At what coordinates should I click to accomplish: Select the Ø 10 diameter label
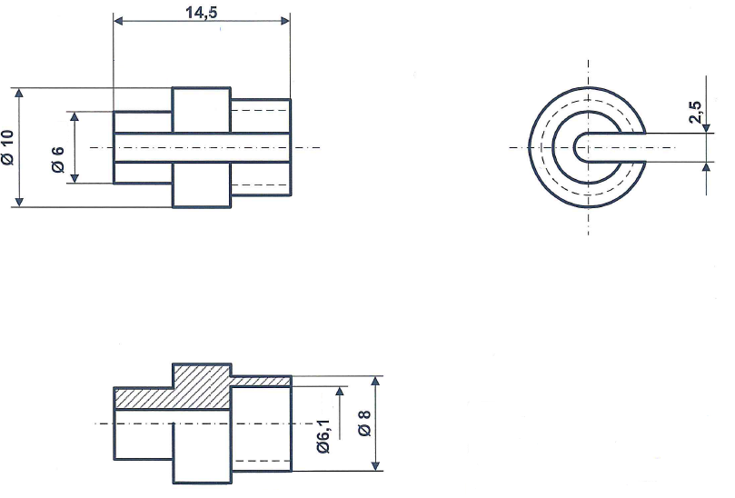click(8, 147)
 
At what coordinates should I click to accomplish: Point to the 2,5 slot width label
click(695, 113)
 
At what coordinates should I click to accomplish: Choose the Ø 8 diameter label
click(363, 423)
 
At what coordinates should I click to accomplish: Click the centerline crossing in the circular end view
click(588, 147)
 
